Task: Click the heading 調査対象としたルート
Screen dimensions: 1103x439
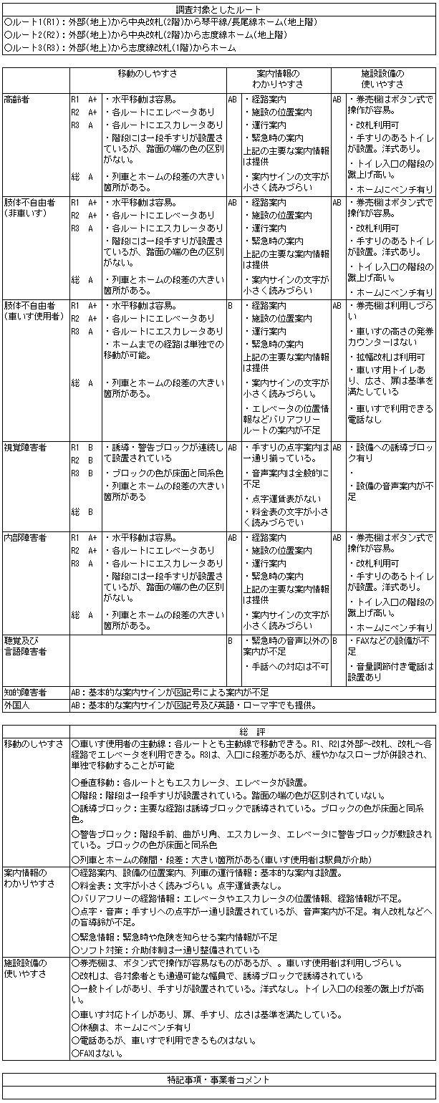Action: pos(219,9)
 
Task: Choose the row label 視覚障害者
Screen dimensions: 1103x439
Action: pos(25,447)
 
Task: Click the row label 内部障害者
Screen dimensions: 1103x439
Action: pos(25,536)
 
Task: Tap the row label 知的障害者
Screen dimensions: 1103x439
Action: pos(25,693)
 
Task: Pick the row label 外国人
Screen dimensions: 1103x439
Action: pos(16,705)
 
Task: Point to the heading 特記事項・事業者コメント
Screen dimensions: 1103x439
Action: pos(219,1079)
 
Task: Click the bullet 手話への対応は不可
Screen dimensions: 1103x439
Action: pos(286,666)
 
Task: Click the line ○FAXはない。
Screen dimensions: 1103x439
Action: pos(99,1054)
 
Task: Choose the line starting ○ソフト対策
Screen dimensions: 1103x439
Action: pos(165,950)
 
